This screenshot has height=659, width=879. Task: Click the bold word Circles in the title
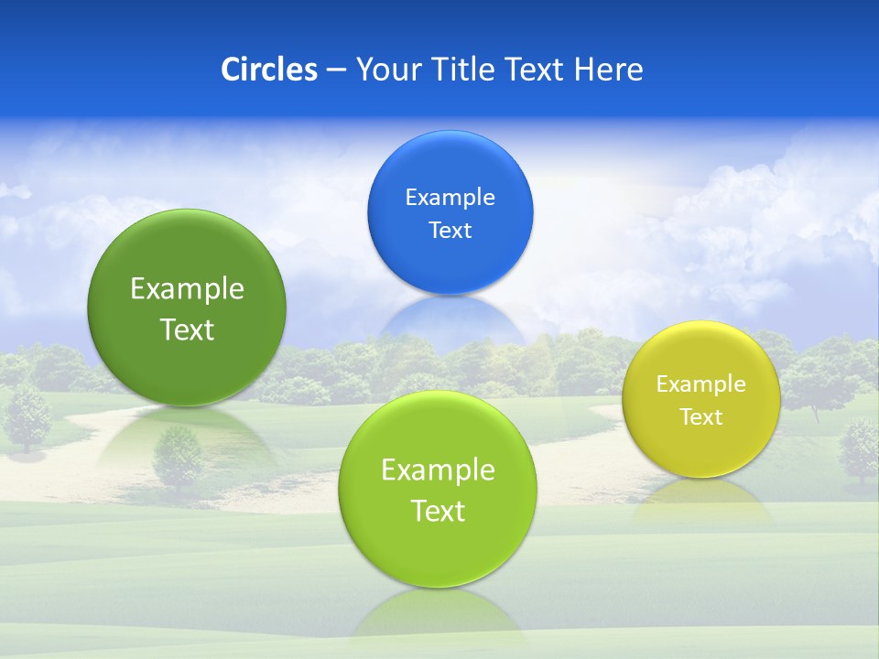[268, 70]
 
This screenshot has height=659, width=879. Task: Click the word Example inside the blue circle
[450, 197]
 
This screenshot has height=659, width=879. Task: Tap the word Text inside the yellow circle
[700, 416]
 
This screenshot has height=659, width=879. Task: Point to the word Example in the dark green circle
[187, 288]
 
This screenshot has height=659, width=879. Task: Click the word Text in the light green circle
[438, 510]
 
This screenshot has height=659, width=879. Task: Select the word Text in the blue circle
[450, 230]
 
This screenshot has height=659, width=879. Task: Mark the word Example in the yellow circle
[700, 384]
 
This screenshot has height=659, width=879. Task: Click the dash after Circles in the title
[336, 70]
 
